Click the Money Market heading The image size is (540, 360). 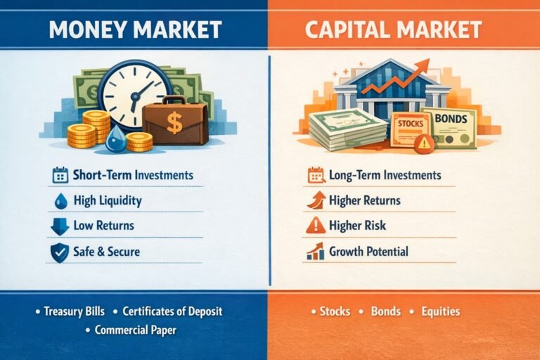tap(135, 30)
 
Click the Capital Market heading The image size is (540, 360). tap(404, 30)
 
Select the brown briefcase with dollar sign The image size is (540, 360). tap(174, 122)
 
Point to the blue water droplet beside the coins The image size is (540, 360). tap(115, 143)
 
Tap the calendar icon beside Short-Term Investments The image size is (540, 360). tap(60, 175)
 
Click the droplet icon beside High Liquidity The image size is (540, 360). tap(60, 201)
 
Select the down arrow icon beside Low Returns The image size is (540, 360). tap(60, 226)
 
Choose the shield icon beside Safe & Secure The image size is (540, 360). tap(60, 252)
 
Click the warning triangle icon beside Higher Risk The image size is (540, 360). tap(316, 226)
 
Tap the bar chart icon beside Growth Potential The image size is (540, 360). tap(316, 251)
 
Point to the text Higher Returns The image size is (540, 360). tap(365, 200)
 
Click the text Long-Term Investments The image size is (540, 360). tap(385, 175)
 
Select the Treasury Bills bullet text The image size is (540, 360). tap(74, 311)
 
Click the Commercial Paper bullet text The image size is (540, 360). tap(134, 330)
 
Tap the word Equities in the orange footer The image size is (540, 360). tap(440, 311)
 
